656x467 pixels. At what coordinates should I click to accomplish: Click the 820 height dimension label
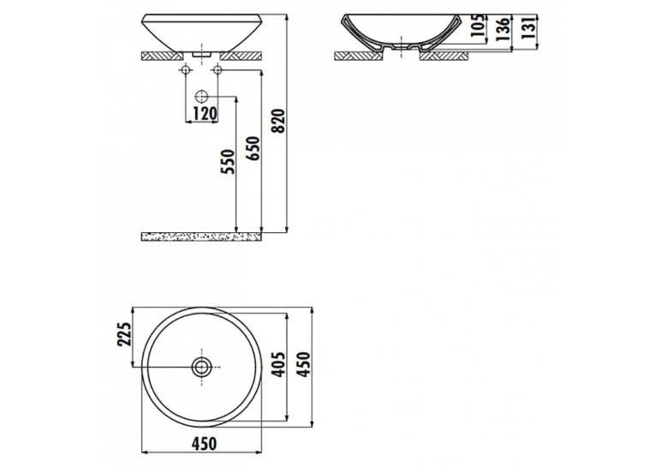[279, 121]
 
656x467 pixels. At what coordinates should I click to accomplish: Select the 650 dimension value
[253, 148]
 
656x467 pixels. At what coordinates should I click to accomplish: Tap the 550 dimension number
[230, 162]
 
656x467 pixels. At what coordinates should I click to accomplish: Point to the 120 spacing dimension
[206, 113]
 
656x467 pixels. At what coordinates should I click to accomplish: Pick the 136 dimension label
[504, 29]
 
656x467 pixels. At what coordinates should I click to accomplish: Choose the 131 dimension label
[528, 28]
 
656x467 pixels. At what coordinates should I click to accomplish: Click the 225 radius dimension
[125, 334]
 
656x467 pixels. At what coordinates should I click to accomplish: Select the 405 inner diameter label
[278, 364]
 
